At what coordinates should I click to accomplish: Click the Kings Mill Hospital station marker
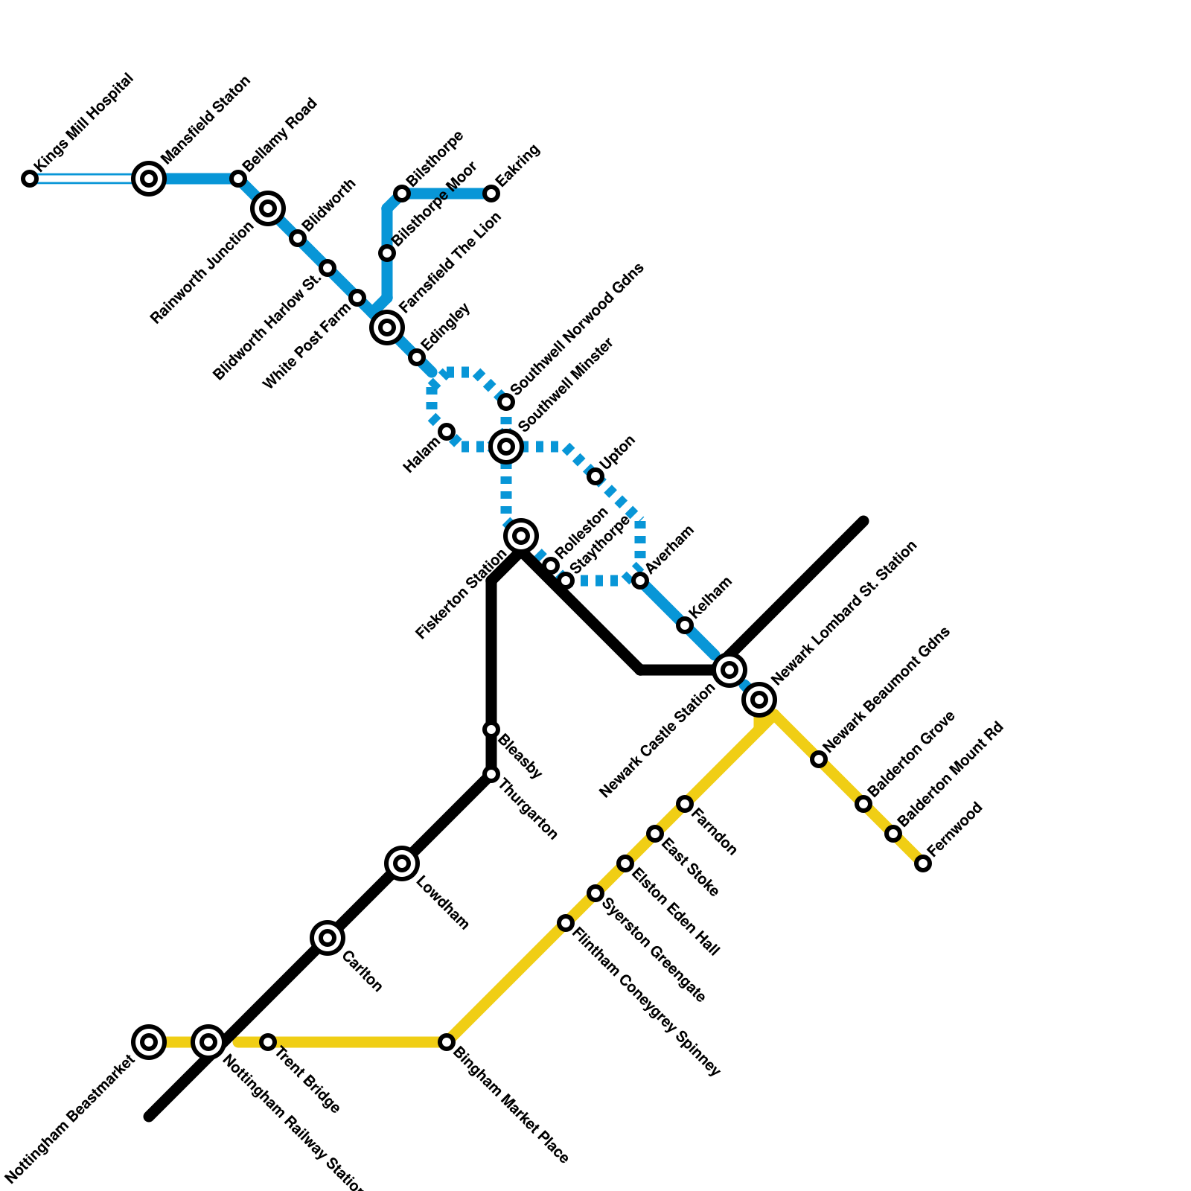coord(30,179)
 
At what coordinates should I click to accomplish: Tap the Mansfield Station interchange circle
coord(149,179)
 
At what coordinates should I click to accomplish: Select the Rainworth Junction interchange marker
coord(268,208)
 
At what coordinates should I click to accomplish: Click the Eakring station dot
coord(491,194)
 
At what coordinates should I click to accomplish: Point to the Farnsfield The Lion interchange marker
coord(387,328)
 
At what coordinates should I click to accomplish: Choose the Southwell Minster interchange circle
coord(506,447)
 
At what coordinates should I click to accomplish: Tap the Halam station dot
coord(447,432)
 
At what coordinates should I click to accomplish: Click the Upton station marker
coord(595,476)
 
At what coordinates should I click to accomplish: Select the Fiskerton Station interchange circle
coord(521,536)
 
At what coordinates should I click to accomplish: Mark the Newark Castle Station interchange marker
coord(729,670)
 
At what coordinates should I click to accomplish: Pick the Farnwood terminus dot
coord(923,863)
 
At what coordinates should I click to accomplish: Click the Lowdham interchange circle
coord(402,863)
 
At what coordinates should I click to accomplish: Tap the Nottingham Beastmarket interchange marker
coord(149,1042)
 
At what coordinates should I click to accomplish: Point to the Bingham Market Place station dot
coord(447,1042)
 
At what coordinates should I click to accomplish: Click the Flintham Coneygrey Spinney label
coord(646,1001)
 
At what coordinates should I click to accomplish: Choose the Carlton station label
coord(362,971)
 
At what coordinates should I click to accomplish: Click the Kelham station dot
coord(685,625)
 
